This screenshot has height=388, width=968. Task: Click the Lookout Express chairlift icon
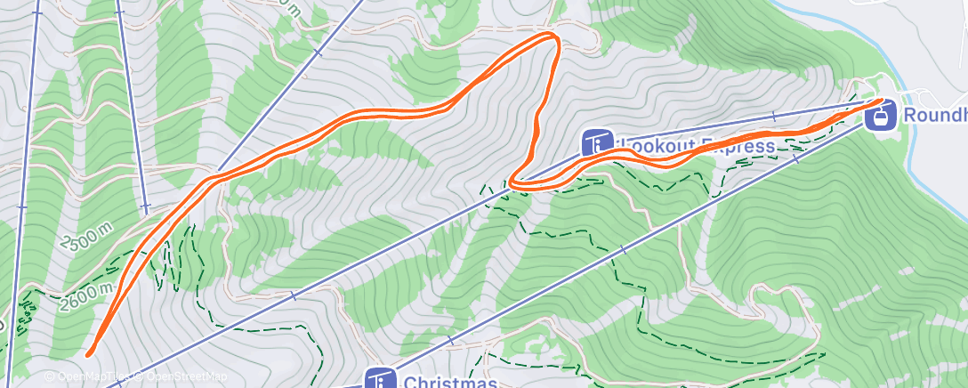[x=597, y=142]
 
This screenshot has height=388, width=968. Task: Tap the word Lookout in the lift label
[x=655, y=145]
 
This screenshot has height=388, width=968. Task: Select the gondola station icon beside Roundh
[x=879, y=114]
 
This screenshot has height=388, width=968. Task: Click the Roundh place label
[x=934, y=115]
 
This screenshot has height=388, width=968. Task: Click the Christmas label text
[x=449, y=383]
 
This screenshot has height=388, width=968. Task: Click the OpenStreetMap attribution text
[x=188, y=377]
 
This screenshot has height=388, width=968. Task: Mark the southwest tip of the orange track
[x=89, y=354]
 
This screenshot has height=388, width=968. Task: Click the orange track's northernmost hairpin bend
[x=553, y=36]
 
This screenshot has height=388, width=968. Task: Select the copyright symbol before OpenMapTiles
[x=50, y=377]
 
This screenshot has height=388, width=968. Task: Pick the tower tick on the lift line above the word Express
[x=773, y=116]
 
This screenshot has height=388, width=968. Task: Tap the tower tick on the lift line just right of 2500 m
[x=145, y=208]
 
